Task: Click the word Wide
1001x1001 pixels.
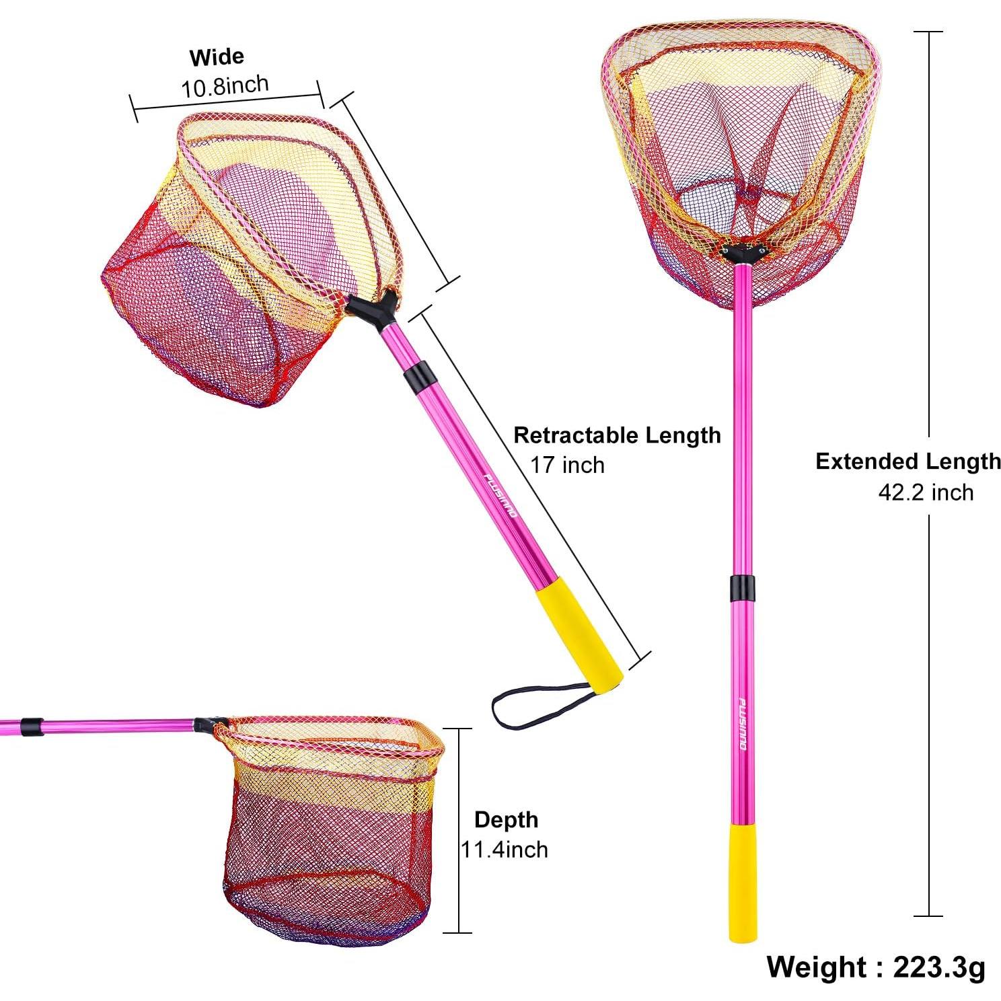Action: coord(217,57)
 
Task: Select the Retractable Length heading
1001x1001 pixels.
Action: coord(616,435)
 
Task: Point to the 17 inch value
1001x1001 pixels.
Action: coord(567,465)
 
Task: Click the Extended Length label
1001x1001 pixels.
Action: coord(907,461)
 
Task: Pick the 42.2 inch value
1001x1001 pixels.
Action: coord(925,492)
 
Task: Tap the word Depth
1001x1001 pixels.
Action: coord(506,819)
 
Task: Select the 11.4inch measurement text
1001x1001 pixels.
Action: coord(504,849)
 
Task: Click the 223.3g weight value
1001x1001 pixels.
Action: coord(939,967)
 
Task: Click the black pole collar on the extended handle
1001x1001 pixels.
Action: coord(741,589)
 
